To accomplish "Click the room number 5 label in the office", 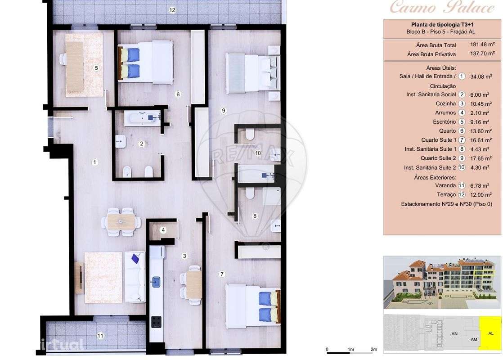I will [x=96, y=68].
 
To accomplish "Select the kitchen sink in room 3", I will [x=156, y=282].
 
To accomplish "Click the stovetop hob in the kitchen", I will [x=156, y=321].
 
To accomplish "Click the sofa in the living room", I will [x=135, y=277].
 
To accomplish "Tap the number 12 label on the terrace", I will [x=172, y=10].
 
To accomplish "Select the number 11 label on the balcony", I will [x=100, y=335].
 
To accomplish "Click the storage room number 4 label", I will [x=163, y=230].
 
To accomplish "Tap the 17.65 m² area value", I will [x=481, y=158].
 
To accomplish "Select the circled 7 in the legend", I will [x=462, y=140].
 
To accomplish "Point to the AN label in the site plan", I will [x=454, y=333].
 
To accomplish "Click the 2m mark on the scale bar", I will [x=373, y=349].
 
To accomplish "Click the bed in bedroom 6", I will [x=146, y=63].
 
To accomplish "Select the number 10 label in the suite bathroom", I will [x=258, y=153].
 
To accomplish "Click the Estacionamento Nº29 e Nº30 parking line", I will [x=446, y=204].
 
